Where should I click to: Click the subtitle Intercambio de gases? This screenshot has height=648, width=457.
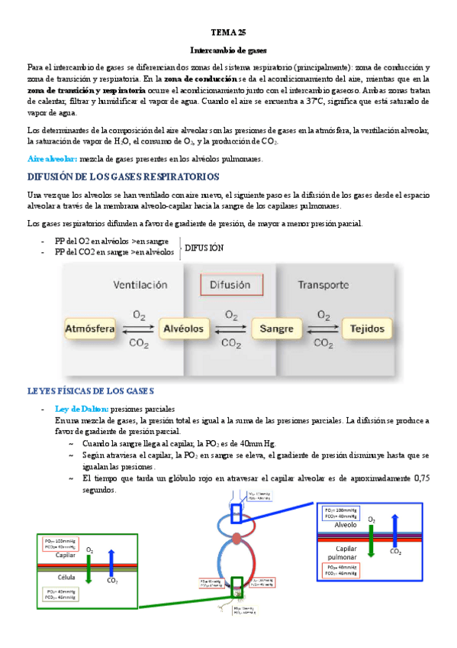(x=228, y=50)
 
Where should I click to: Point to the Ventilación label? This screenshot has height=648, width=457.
(x=140, y=285)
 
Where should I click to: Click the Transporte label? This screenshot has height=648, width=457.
(x=323, y=285)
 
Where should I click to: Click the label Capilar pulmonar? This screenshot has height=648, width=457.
(x=342, y=554)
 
